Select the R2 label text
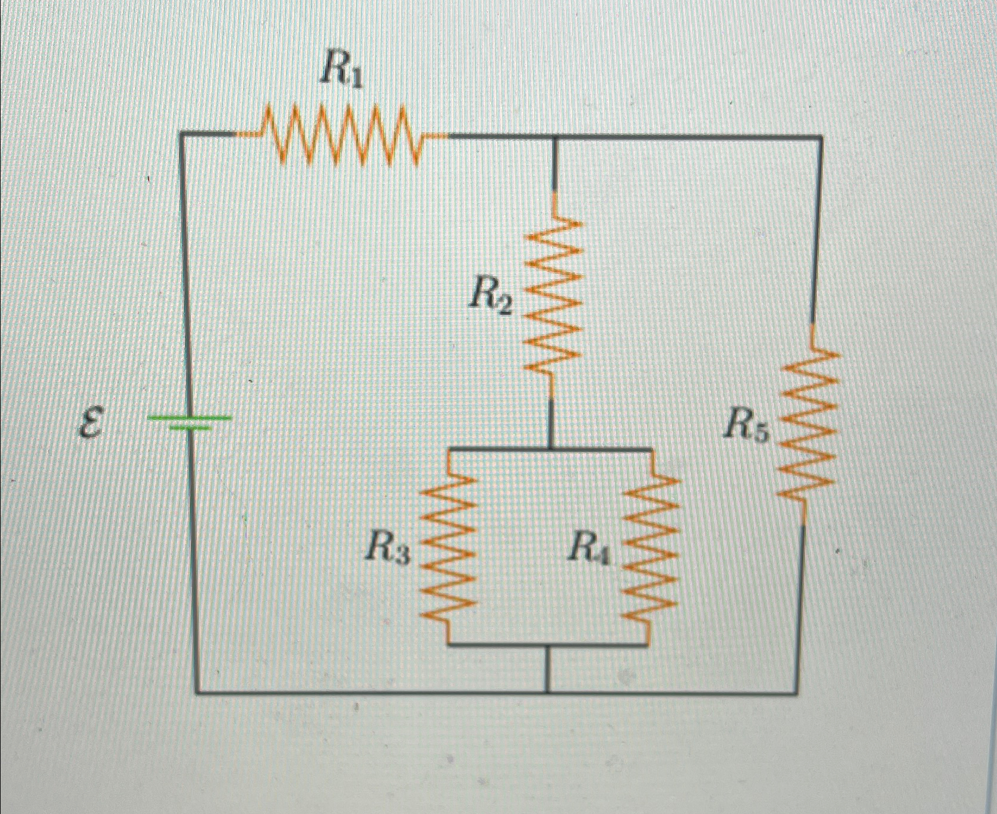489,295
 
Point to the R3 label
387,547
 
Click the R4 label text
589,547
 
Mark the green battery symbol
189,422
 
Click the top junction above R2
554,137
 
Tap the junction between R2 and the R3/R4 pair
550,449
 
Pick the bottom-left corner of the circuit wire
196,692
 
